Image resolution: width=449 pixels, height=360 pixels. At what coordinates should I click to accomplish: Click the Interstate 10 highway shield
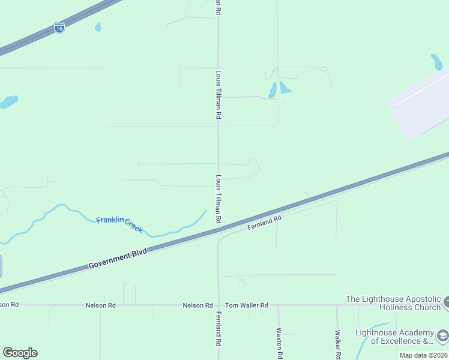59,28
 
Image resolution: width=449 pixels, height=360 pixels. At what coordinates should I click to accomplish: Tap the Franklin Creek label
119,224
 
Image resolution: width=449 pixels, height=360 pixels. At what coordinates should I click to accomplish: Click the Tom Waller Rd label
246,305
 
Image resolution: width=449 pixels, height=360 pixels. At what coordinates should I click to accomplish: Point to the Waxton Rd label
279,343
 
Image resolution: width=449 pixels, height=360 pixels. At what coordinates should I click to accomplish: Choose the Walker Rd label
338,344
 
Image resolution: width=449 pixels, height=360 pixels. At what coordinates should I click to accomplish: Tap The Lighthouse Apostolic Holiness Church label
393,303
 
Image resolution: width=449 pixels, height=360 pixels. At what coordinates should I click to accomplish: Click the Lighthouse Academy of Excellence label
394,337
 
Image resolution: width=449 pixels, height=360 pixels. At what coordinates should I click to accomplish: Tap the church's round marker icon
446,303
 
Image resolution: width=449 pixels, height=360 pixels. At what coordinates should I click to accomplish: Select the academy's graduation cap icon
443,335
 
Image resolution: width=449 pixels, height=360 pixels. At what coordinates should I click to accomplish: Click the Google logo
20,353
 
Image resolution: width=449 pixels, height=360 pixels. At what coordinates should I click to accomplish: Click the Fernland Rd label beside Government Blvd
264,223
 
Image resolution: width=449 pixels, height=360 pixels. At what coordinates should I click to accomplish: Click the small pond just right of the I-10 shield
98,27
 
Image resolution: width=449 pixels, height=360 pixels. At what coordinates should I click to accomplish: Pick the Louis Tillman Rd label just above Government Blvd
219,200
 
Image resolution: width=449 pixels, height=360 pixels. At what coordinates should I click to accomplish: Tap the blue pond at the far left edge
8,102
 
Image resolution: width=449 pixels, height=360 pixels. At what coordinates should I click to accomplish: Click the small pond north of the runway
436,61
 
